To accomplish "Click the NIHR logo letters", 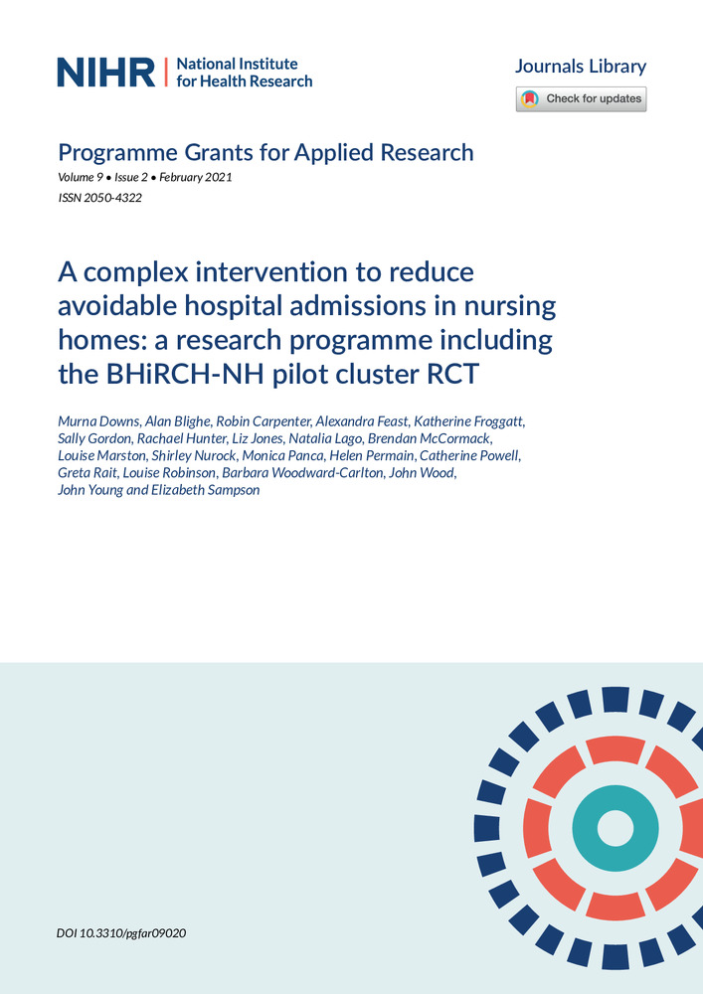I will click(106, 72).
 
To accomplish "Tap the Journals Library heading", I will click(580, 67).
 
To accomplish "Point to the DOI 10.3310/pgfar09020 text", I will click(122, 934).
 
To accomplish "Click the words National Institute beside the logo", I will click(237, 64).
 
